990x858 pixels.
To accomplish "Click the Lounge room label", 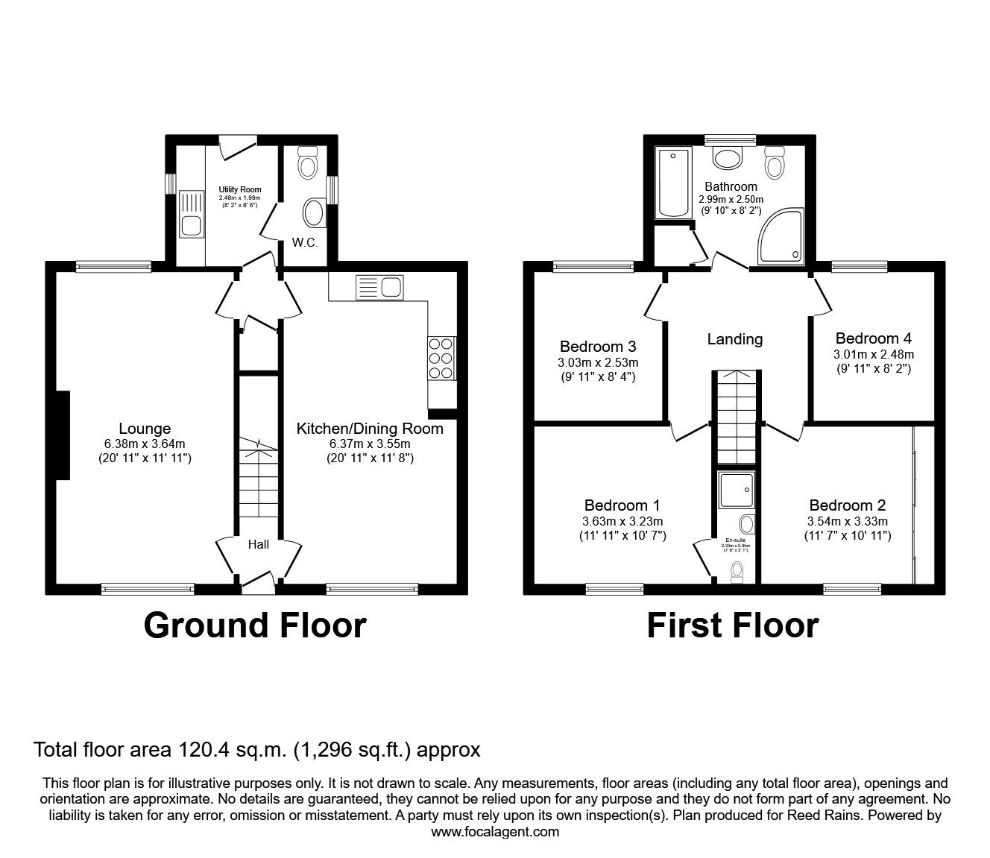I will click(145, 429).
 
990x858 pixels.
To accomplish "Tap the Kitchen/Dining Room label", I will click(370, 429).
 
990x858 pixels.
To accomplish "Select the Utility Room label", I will click(239, 190).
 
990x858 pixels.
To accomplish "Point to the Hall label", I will click(259, 545).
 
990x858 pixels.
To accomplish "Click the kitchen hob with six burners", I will click(440, 359).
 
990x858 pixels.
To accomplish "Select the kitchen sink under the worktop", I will click(379, 287).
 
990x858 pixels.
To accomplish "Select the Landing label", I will click(734, 339).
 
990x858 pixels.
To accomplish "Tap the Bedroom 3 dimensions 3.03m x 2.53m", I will click(598, 363).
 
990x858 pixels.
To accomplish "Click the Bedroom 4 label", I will click(873, 338).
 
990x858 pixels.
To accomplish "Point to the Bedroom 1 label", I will click(622, 505).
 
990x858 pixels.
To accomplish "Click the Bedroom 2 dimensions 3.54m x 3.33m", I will click(848, 522).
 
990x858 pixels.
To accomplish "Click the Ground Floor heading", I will click(255, 625).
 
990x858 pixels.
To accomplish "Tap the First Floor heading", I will click(732, 625).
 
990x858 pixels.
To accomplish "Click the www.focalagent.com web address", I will click(495, 832).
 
